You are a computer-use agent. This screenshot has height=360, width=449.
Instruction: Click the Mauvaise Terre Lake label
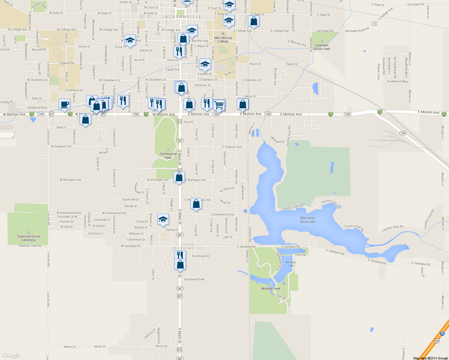[x=308, y=220]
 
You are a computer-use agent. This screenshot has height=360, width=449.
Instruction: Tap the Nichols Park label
[x=270, y=289]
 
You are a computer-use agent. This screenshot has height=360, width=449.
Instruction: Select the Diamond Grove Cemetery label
[x=29, y=238]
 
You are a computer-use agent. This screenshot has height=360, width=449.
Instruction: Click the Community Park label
[x=168, y=156]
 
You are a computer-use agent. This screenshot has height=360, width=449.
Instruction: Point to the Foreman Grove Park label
[x=322, y=47]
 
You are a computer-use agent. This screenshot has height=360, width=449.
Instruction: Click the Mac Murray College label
[x=223, y=40]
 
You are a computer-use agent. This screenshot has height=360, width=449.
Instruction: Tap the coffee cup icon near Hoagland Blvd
[x=64, y=104]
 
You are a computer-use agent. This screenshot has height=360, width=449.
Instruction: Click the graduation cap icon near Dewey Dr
[x=163, y=219]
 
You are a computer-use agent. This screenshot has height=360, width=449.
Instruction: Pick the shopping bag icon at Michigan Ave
[x=179, y=177]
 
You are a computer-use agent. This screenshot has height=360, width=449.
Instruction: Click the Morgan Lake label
[x=291, y=264]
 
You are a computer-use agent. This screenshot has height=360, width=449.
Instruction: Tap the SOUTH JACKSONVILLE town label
[x=188, y=247]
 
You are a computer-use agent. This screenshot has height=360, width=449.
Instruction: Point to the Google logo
[x=11, y=355]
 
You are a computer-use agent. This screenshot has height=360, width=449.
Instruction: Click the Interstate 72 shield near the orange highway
[x=442, y=334]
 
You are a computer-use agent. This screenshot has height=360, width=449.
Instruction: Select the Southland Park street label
[x=194, y=279]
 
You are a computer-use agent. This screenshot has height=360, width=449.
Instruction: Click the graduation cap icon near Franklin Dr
[x=205, y=64]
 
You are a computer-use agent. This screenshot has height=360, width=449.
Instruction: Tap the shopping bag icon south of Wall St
[x=86, y=119]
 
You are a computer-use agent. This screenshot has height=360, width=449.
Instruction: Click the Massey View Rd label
[x=30, y=246]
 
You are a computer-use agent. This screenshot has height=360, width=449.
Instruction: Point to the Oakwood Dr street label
[x=277, y=139]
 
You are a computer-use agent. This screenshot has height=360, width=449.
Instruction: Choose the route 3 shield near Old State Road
[x=374, y=24]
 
